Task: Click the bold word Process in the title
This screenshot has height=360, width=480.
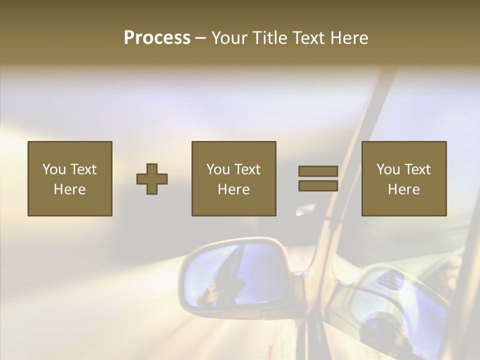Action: (x=157, y=38)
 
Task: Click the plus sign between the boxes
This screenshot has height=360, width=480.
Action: (x=152, y=179)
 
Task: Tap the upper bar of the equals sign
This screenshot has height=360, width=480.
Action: (x=318, y=171)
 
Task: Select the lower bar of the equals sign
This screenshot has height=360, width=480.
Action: (x=318, y=186)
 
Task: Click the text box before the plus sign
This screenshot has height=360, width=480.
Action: (x=70, y=178)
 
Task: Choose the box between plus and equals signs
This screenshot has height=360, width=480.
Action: (x=233, y=178)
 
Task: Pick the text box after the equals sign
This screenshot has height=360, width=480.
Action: (x=404, y=178)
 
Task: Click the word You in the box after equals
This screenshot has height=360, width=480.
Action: (x=388, y=169)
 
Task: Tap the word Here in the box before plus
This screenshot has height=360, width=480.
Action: (x=69, y=189)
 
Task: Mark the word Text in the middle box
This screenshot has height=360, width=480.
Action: (x=247, y=169)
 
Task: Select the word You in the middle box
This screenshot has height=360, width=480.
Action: (x=218, y=169)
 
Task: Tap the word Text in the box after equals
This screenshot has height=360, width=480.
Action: (x=417, y=169)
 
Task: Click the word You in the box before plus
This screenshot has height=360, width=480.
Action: (x=54, y=169)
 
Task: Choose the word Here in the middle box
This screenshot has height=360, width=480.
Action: (x=233, y=189)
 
